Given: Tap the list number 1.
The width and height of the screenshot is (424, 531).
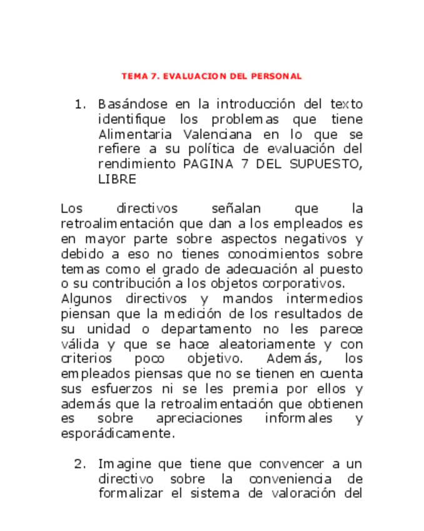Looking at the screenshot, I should [79, 104].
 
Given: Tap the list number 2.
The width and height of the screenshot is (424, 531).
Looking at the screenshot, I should [79, 465].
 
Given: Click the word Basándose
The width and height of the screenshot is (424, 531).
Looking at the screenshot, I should [128, 104].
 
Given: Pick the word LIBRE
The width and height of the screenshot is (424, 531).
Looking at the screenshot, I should [117, 179].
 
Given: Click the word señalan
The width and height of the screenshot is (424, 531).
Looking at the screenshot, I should [236, 209].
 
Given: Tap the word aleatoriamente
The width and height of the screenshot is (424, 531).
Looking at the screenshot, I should [266, 344].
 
